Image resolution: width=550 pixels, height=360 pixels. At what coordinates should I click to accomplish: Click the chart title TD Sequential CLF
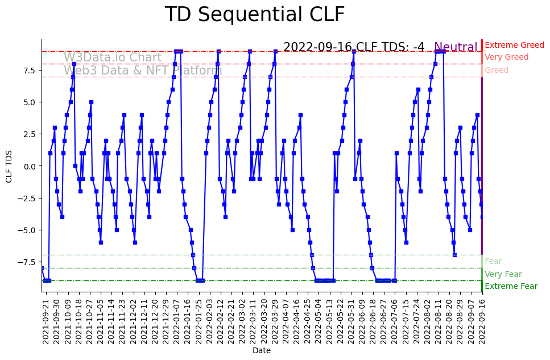[x=254, y=15]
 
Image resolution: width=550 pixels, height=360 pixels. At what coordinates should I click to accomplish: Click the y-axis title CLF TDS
[x=9, y=166]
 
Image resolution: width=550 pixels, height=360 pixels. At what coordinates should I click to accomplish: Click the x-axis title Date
[x=262, y=351]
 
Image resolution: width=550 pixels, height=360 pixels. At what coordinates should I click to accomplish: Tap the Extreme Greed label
[x=514, y=45]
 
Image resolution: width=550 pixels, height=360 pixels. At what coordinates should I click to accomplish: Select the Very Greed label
[x=506, y=57]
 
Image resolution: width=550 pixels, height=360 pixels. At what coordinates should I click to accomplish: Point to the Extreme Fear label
[x=511, y=286]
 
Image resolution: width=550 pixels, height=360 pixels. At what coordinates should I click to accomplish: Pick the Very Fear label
[x=503, y=274]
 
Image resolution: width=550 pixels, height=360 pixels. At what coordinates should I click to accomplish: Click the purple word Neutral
[x=456, y=48]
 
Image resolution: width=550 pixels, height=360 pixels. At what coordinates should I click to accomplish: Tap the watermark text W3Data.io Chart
[x=113, y=57]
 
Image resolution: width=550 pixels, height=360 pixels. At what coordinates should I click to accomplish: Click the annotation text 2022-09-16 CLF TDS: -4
[x=354, y=47]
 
